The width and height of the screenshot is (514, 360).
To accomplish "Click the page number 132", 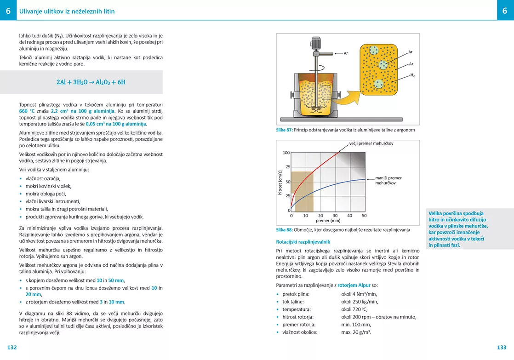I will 12,348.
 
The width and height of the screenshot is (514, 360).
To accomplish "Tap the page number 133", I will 502,348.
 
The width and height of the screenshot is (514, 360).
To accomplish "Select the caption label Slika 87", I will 284,130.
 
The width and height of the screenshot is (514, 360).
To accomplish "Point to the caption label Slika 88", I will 284,230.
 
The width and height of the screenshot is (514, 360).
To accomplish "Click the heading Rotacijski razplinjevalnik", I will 303,242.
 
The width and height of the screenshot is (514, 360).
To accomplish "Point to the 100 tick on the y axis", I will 286,153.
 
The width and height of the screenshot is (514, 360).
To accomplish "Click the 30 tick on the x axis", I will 335,215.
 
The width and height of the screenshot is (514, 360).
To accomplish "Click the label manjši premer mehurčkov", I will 388,180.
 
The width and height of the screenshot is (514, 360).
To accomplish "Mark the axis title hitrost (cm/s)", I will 280,183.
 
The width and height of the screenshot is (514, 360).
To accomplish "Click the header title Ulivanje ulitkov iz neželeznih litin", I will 67,11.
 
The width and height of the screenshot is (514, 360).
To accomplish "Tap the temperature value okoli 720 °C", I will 354,309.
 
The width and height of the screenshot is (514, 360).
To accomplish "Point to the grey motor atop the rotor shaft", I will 316,43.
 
